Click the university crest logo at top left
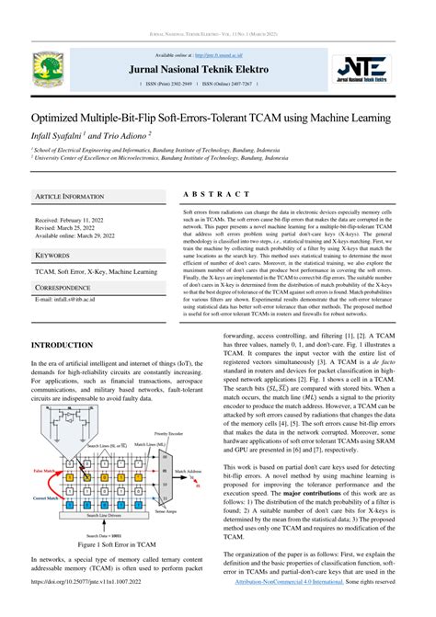tap(46, 66)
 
